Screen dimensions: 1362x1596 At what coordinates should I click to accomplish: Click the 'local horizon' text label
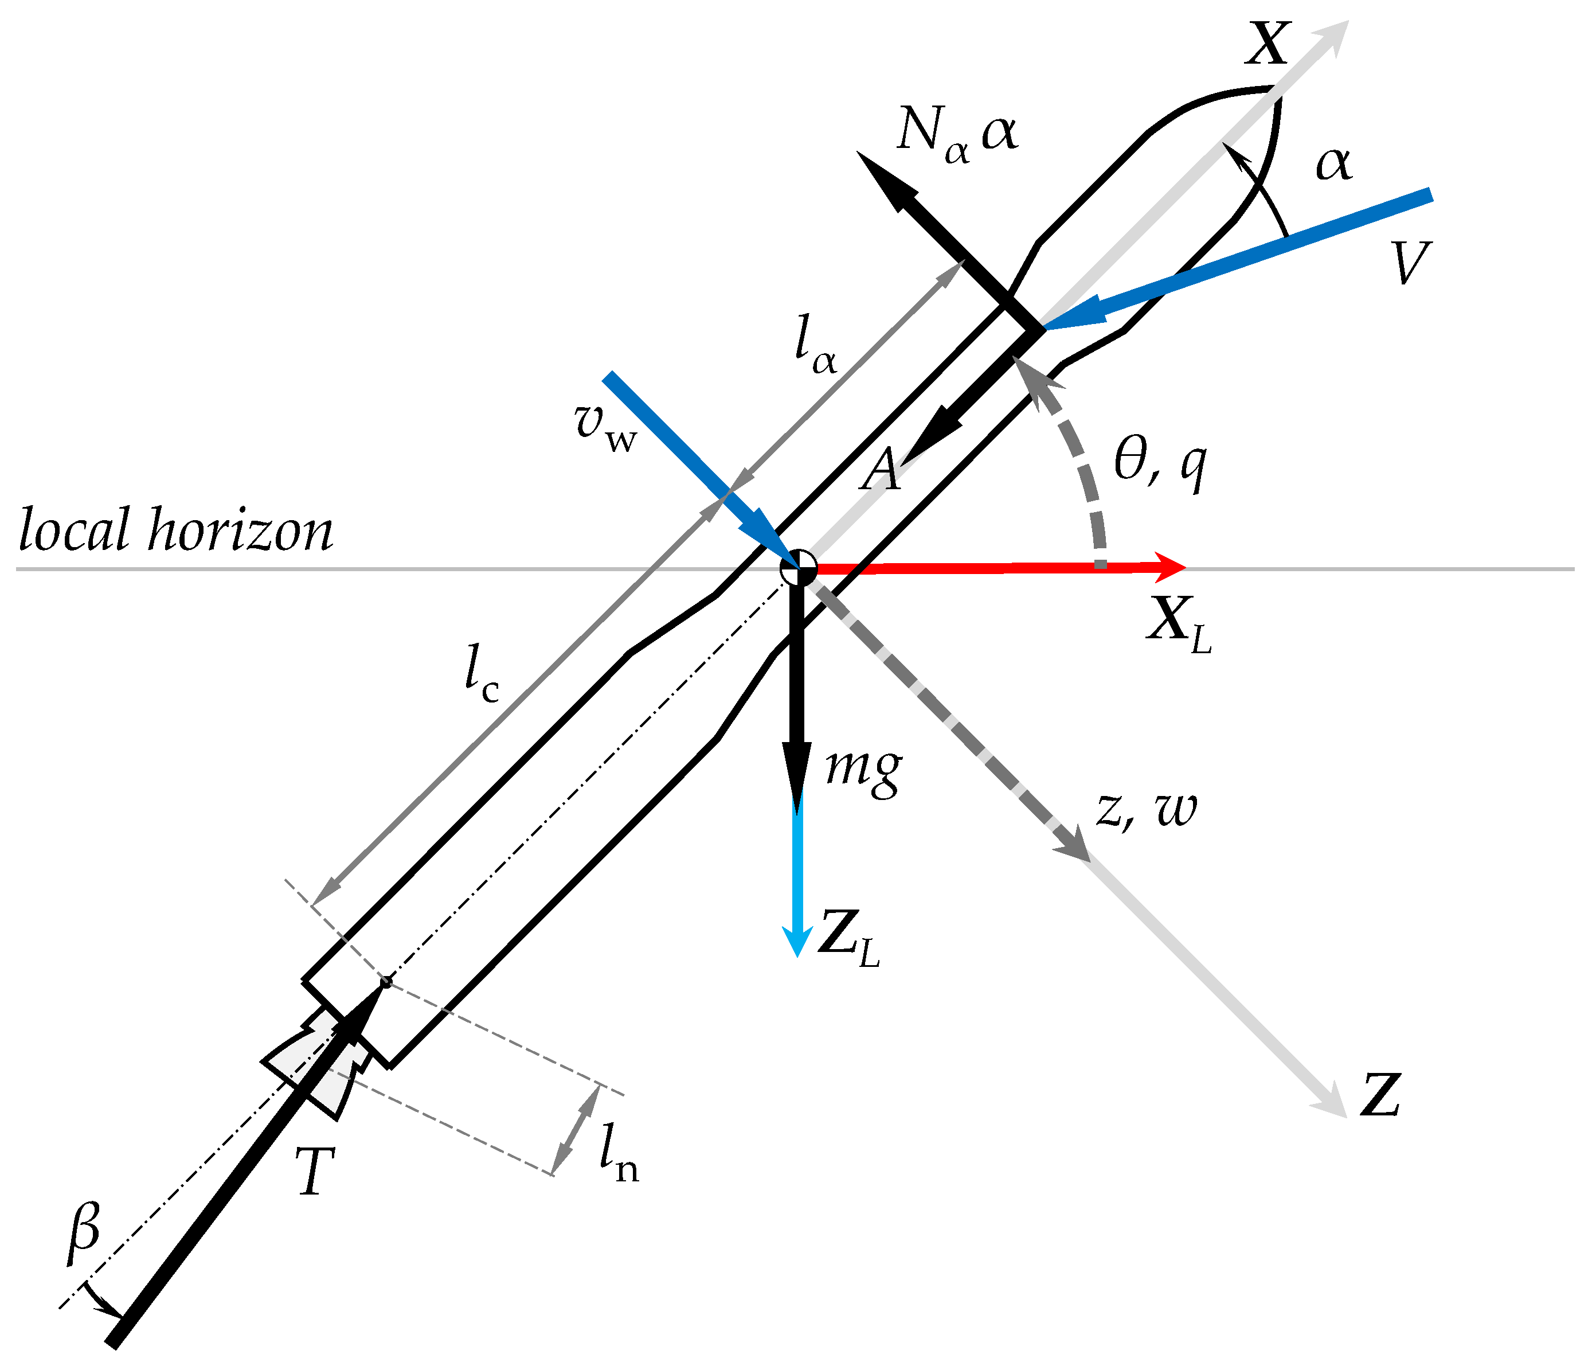click(x=175, y=530)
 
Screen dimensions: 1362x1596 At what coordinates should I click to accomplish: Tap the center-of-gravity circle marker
click(x=798, y=568)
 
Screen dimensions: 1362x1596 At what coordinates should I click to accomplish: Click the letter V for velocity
click(x=1411, y=263)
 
